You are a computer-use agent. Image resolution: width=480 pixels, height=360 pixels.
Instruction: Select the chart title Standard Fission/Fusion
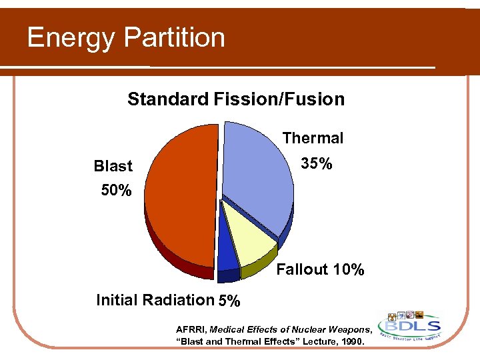(236, 99)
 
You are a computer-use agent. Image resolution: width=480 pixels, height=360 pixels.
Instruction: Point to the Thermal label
(313, 138)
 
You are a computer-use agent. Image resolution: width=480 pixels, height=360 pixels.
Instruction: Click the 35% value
(316, 163)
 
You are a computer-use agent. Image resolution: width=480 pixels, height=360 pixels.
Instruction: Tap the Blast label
(113, 166)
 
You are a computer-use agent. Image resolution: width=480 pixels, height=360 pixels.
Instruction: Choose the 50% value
(116, 191)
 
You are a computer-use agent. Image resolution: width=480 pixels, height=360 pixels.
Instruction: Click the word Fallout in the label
(302, 269)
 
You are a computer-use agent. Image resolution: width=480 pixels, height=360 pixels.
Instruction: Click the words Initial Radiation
(155, 300)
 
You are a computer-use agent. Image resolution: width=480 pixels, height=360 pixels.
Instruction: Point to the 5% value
(229, 301)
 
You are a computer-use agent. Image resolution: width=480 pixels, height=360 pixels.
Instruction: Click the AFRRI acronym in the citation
(191, 329)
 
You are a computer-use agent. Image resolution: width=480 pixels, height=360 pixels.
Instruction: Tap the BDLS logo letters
(409, 327)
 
